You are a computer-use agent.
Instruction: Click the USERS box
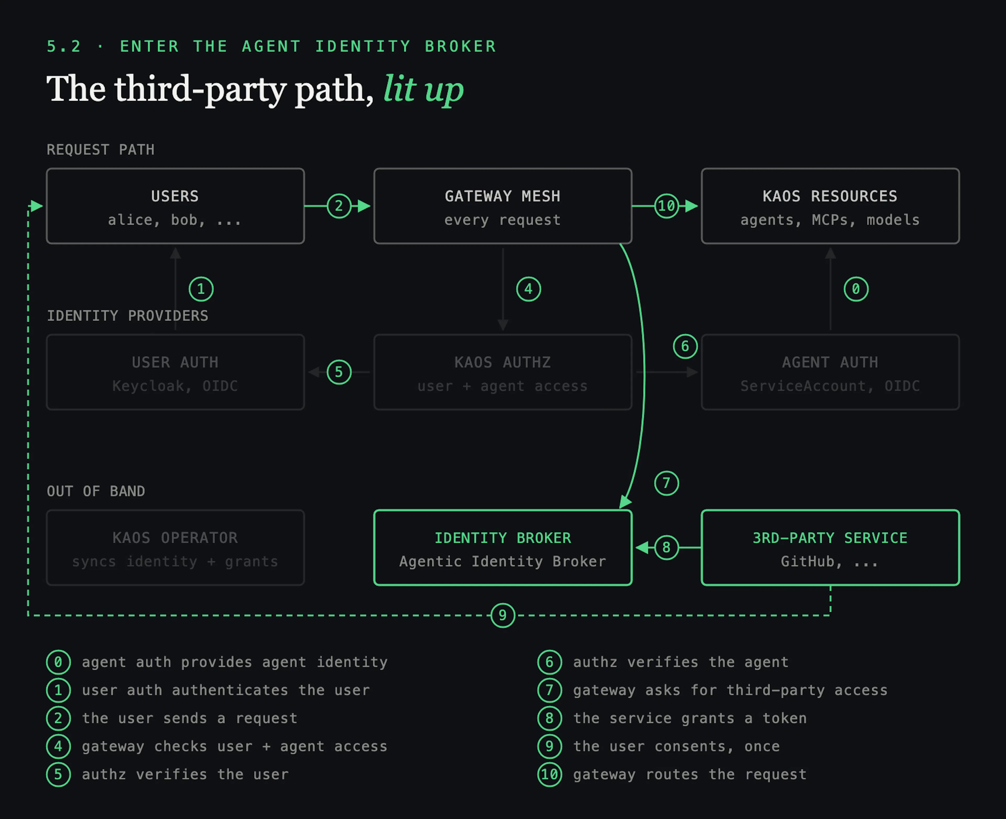pyautogui.click(x=175, y=206)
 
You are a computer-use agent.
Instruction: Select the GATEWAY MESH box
pyautogui.click(x=503, y=206)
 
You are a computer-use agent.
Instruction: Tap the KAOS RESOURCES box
pyautogui.click(x=830, y=206)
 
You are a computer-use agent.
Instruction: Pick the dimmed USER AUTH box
pyautogui.click(x=175, y=372)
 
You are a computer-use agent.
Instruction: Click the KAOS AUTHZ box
pyautogui.click(x=503, y=372)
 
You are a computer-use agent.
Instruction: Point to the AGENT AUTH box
pyautogui.click(x=830, y=372)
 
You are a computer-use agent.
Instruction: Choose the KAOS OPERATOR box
pyautogui.click(x=175, y=548)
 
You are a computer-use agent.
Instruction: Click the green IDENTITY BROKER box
pyautogui.click(x=503, y=548)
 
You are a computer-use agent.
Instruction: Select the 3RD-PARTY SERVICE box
pyautogui.click(x=830, y=548)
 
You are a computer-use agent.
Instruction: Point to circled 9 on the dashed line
pyautogui.click(x=503, y=615)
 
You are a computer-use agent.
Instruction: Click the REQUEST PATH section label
pyautogui.click(x=100, y=150)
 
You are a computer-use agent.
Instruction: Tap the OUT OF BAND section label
pyautogui.click(x=96, y=491)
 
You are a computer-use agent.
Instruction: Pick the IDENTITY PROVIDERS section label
pyautogui.click(x=127, y=316)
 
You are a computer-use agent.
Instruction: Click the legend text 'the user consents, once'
pyautogui.click(x=676, y=746)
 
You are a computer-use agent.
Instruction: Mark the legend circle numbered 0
pyautogui.click(x=58, y=662)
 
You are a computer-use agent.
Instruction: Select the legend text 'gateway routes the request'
pyautogui.click(x=690, y=775)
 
